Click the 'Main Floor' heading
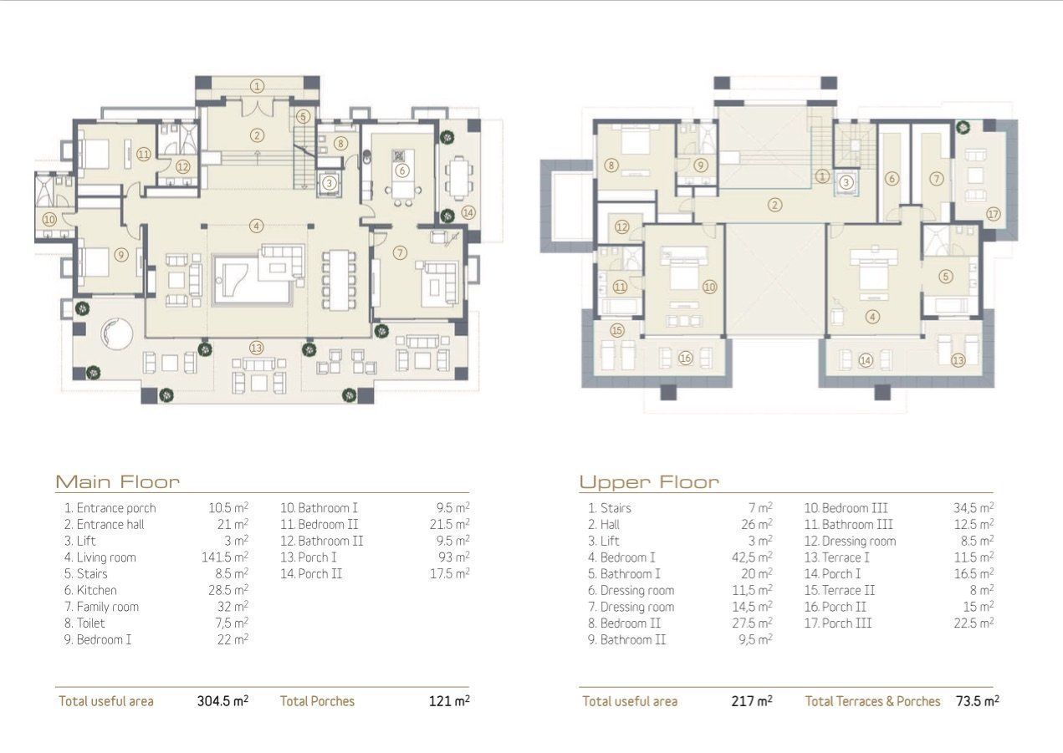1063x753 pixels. [118, 481]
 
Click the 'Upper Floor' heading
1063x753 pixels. [649, 482]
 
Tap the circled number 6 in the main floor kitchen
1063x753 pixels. [402, 170]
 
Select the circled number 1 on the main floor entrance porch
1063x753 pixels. [257, 86]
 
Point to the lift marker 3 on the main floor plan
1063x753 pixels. [329, 183]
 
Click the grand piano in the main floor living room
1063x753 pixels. [252, 279]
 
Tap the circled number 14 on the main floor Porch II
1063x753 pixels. [468, 213]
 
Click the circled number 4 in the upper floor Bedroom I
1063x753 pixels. [872, 317]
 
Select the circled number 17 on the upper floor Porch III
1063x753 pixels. [994, 214]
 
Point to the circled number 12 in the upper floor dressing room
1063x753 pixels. [621, 227]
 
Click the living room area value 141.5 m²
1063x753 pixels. [225, 557]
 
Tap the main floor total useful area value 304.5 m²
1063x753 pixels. [222, 701]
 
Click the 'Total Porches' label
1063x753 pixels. [317, 701]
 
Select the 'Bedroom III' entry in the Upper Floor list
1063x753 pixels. [846, 508]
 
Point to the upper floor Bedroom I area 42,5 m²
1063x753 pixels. [752, 557]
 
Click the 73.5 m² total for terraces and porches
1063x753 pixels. [978, 701]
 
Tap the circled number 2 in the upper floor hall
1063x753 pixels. [774, 206]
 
